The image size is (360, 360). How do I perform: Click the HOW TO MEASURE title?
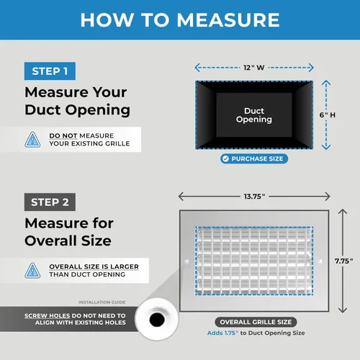point(180,20)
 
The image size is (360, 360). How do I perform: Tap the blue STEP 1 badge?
point(50,71)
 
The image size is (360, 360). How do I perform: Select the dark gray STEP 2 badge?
point(50,202)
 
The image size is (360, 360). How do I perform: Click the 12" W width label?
point(254,68)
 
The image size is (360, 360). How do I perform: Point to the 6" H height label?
point(328,115)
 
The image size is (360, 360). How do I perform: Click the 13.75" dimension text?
point(254,197)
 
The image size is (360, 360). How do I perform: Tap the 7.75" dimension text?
point(344,261)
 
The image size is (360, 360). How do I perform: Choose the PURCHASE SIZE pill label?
point(254,158)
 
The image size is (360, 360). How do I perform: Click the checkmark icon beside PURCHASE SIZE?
point(225,158)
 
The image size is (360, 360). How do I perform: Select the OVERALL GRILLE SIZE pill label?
point(256,322)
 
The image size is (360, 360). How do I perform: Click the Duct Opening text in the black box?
point(254,115)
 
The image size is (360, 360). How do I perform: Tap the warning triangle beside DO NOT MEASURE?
point(32,140)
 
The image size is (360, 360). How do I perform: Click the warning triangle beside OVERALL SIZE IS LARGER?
point(32,271)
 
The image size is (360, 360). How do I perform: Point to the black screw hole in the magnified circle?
point(157,320)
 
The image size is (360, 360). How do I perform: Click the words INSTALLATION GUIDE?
point(102,302)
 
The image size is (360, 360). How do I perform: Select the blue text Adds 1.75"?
point(223,333)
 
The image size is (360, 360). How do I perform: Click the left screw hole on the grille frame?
point(187,261)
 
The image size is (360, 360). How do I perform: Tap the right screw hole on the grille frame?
point(321,261)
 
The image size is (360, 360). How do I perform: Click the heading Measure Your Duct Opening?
point(78,102)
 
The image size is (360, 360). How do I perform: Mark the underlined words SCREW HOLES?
point(47,315)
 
